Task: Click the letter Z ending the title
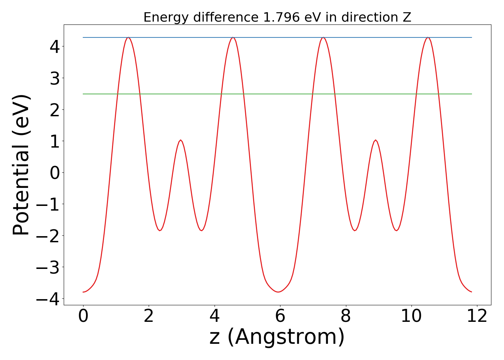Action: point(407,17)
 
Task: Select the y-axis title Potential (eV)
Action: point(21,165)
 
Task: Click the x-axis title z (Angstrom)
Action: point(277,337)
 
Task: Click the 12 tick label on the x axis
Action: point(477,317)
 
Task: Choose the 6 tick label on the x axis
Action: point(280,317)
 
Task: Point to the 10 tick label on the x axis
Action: point(411,317)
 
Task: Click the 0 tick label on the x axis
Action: point(83,317)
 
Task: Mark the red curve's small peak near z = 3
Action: point(181,140)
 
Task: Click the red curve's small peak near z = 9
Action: point(375,140)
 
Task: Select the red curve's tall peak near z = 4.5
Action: point(233,37)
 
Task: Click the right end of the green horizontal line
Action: point(471,94)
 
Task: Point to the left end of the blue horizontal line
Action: point(84,37)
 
